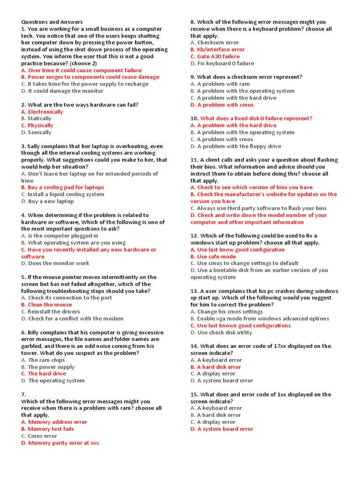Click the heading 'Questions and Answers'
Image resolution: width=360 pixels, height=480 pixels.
(52, 22)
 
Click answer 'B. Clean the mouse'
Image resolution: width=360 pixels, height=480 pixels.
(46, 305)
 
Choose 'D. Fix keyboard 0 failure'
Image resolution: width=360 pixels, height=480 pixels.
(222, 63)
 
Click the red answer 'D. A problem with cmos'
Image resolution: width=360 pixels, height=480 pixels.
(222, 105)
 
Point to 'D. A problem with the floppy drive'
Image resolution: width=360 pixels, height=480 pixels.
(236, 146)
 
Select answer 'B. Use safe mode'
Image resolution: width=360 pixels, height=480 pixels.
(213, 256)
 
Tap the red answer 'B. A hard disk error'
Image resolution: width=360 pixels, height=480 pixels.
(216, 367)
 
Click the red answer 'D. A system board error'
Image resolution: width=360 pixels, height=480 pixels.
(222, 429)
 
